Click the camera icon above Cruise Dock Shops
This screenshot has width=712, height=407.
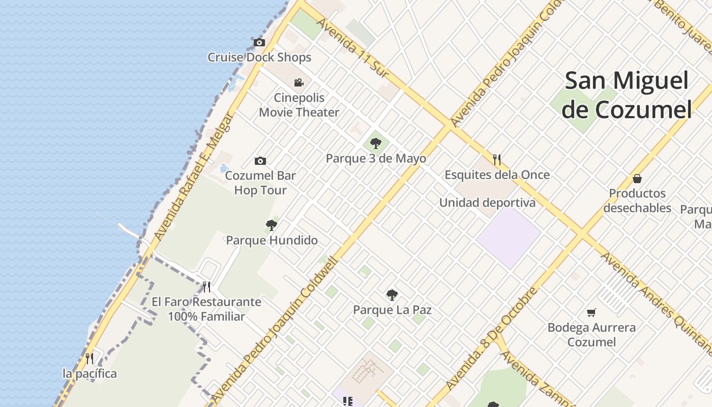point(259,42)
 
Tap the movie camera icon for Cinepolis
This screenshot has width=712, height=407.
point(299,82)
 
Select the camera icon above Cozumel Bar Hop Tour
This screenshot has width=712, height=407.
point(260,161)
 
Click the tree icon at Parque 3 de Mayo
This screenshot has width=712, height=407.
point(376,143)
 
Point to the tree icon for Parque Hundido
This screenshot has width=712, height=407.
point(272,225)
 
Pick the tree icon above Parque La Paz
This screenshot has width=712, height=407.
point(392,294)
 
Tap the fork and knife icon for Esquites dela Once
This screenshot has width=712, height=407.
point(497,159)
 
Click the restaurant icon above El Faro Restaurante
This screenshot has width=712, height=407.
point(206,286)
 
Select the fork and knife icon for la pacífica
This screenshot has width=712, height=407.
point(90,358)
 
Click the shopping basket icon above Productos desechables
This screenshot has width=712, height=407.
point(637,178)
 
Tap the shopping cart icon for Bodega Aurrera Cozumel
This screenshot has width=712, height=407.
point(591,312)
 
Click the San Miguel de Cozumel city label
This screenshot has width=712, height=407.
point(627,95)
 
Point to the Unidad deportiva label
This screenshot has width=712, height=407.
point(487,202)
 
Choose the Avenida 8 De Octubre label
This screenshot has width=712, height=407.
point(491,338)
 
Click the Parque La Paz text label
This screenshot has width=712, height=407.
point(392,309)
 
